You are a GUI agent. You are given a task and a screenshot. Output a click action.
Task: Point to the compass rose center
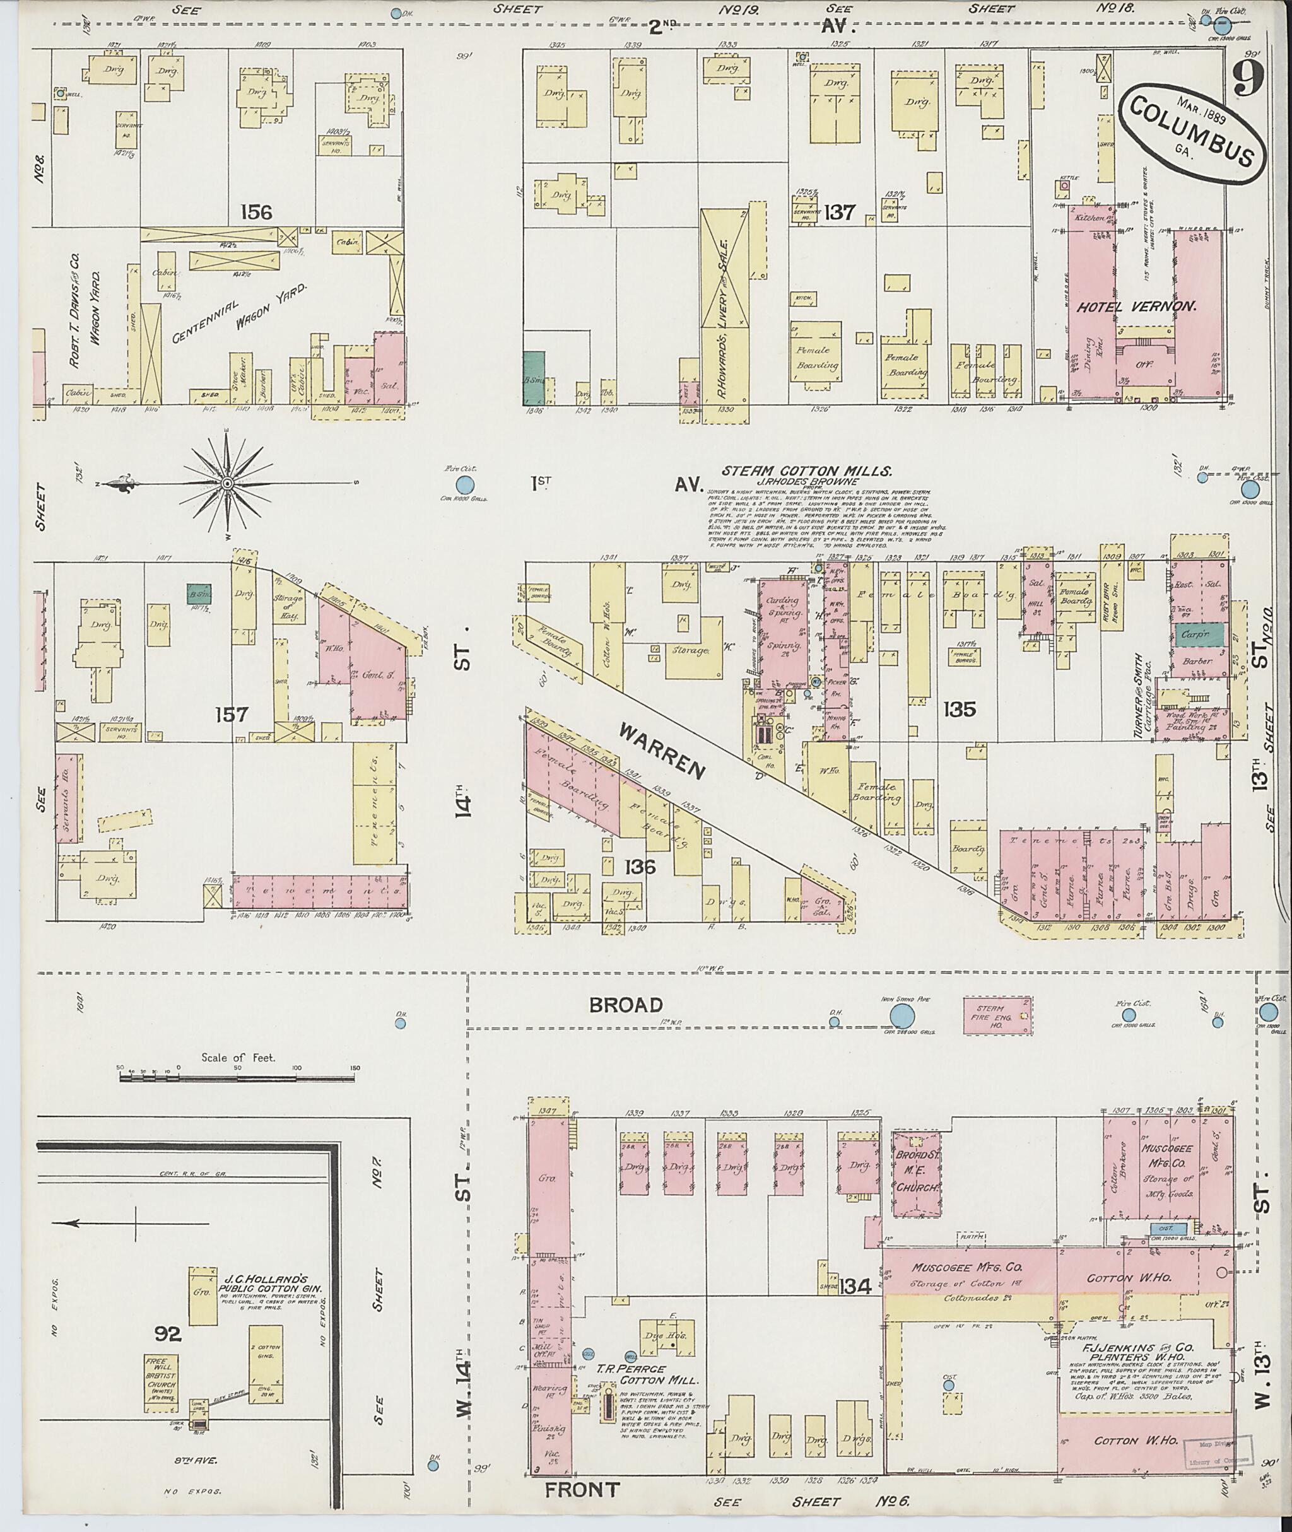227,483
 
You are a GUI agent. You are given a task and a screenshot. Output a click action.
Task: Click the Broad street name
626,1005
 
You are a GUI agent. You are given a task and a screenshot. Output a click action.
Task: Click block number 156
255,213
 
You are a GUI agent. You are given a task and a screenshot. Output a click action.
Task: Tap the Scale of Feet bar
237,1078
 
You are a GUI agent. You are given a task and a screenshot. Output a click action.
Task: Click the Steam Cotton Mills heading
806,472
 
